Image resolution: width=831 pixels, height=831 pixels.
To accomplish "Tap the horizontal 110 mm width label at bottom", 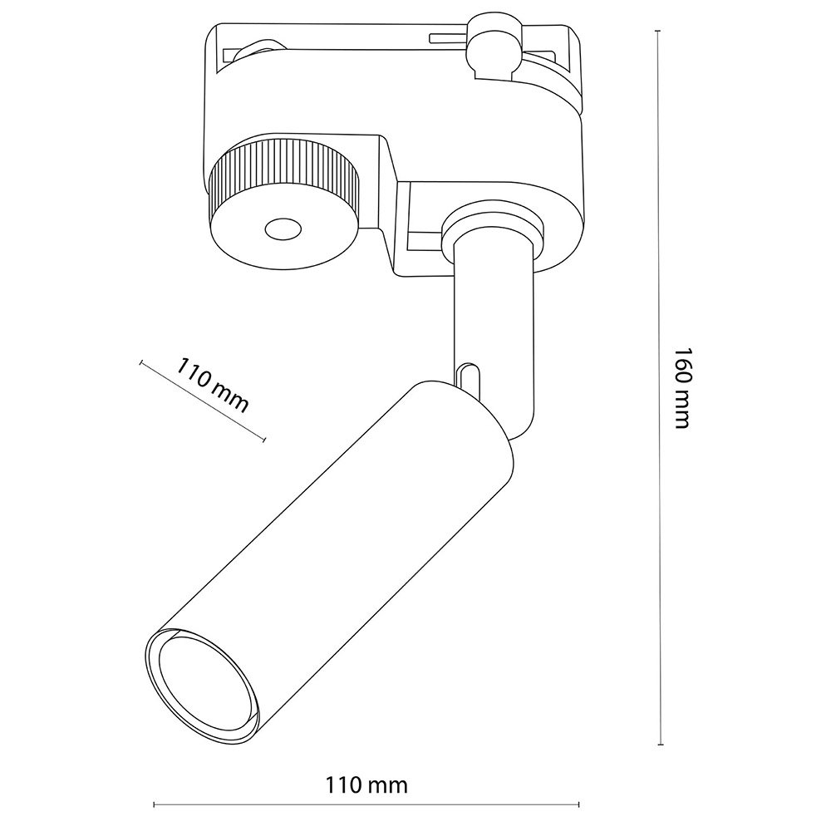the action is (x=366, y=784).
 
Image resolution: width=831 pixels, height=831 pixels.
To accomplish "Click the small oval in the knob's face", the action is (x=283, y=230).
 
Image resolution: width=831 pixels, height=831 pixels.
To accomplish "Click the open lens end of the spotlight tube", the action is (x=204, y=687).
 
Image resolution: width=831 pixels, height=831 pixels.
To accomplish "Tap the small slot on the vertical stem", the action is (x=467, y=378).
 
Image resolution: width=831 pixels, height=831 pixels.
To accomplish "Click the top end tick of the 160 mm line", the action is (x=658, y=31).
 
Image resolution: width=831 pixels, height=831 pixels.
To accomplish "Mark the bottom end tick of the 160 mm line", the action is (x=661, y=745).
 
